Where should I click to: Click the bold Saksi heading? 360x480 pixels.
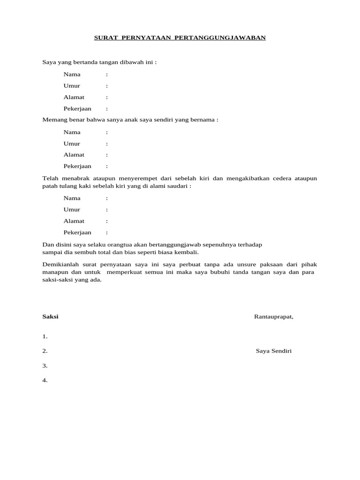50,316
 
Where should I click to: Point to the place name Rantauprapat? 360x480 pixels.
273,316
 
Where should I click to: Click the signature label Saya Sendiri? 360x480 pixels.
274,351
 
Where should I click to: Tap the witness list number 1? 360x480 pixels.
45,337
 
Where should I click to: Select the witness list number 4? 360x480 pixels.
45,380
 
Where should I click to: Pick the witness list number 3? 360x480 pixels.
45,366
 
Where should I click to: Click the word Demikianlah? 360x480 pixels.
59,265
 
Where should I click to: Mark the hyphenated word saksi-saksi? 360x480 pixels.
57,280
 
